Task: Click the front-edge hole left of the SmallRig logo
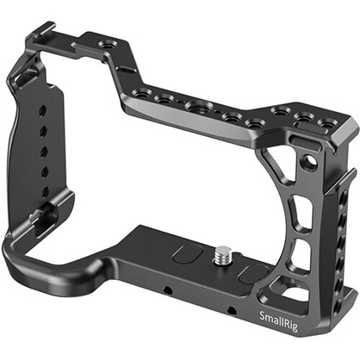[x=232, y=310]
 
